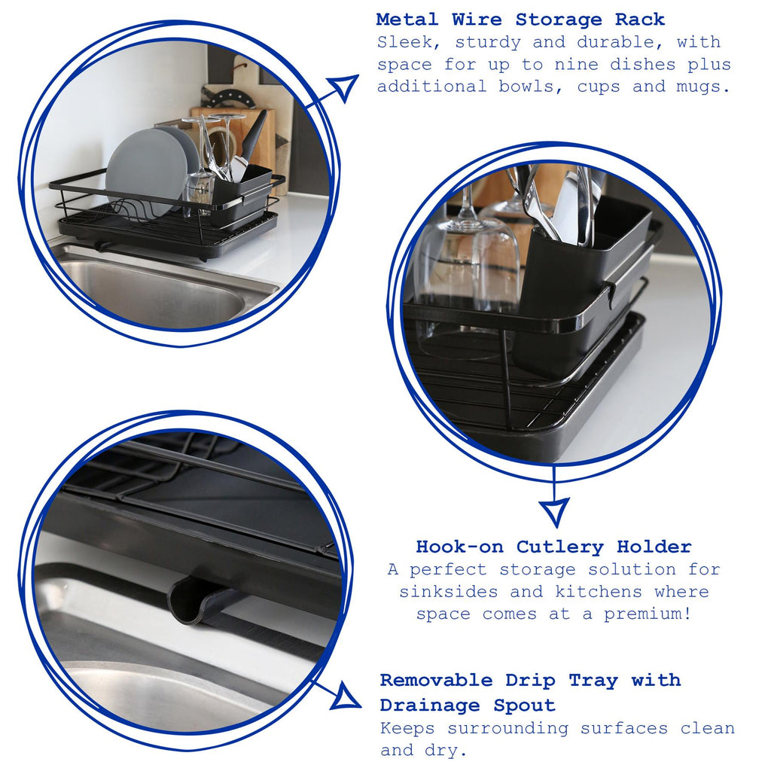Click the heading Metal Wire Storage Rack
[x=520, y=20]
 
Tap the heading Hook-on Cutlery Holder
[x=553, y=547]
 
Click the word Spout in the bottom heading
[x=524, y=705]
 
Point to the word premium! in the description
[x=647, y=614]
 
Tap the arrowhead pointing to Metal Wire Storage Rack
[x=344, y=87]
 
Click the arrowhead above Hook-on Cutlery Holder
[x=554, y=512]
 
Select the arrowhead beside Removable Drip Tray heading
[x=346, y=696]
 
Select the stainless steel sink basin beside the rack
[x=151, y=290]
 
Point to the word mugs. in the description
[x=704, y=87]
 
